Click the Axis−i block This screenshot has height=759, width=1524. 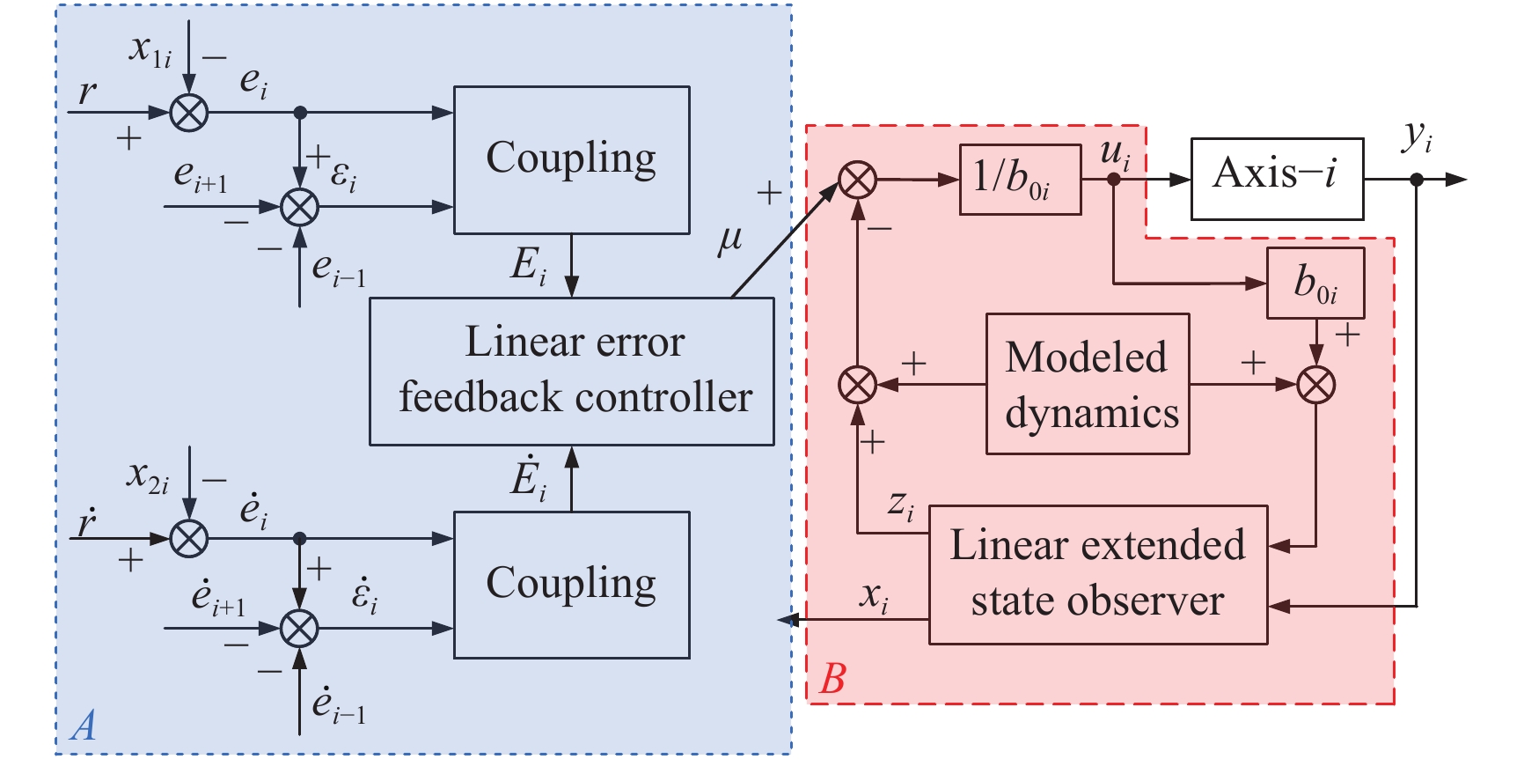[1276, 179]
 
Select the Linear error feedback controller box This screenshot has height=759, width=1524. [571, 371]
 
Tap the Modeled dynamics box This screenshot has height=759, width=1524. [1087, 384]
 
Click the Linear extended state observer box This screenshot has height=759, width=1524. [1097, 574]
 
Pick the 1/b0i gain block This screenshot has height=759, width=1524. [1019, 180]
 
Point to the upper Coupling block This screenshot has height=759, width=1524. [571, 159]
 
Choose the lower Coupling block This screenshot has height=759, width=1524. [571, 585]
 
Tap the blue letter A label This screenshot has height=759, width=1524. [84, 726]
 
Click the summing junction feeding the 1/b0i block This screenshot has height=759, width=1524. [857, 180]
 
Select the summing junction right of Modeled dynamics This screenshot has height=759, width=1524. [1315, 385]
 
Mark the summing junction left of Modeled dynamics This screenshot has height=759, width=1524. [857, 385]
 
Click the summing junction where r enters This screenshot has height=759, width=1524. [188, 113]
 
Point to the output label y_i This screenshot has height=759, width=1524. [1417, 137]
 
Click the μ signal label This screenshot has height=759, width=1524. [729, 239]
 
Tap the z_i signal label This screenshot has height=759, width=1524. [900, 504]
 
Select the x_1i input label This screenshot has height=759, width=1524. [150, 49]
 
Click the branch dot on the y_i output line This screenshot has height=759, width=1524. [1417, 180]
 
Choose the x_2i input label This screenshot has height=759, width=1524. [147, 476]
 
